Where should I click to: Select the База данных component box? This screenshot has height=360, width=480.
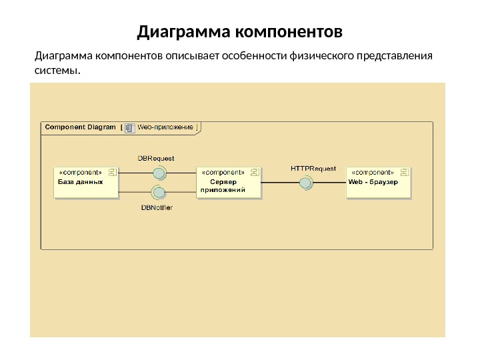tap(85, 182)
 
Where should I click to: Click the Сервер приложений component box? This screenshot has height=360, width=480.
tap(229, 182)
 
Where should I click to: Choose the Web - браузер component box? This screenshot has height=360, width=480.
tap(378, 182)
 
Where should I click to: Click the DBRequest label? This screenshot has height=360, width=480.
tap(156, 159)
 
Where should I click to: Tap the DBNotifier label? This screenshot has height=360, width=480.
tap(157, 207)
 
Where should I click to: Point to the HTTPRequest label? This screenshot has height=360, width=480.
tap(313, 168)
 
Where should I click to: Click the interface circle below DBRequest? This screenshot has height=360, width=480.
tap(159, 173)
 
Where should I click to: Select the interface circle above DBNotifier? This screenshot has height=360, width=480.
tap(159, 193)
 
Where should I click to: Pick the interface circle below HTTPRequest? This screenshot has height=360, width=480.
tap(305, 183)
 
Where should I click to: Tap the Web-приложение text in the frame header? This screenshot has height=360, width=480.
tap(165, 127)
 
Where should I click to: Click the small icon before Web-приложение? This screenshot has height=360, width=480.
tap(130, 127)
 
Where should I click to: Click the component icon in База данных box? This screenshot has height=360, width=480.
tap(112, 172)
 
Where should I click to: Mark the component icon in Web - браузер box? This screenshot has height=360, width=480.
tap(403, 172)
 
